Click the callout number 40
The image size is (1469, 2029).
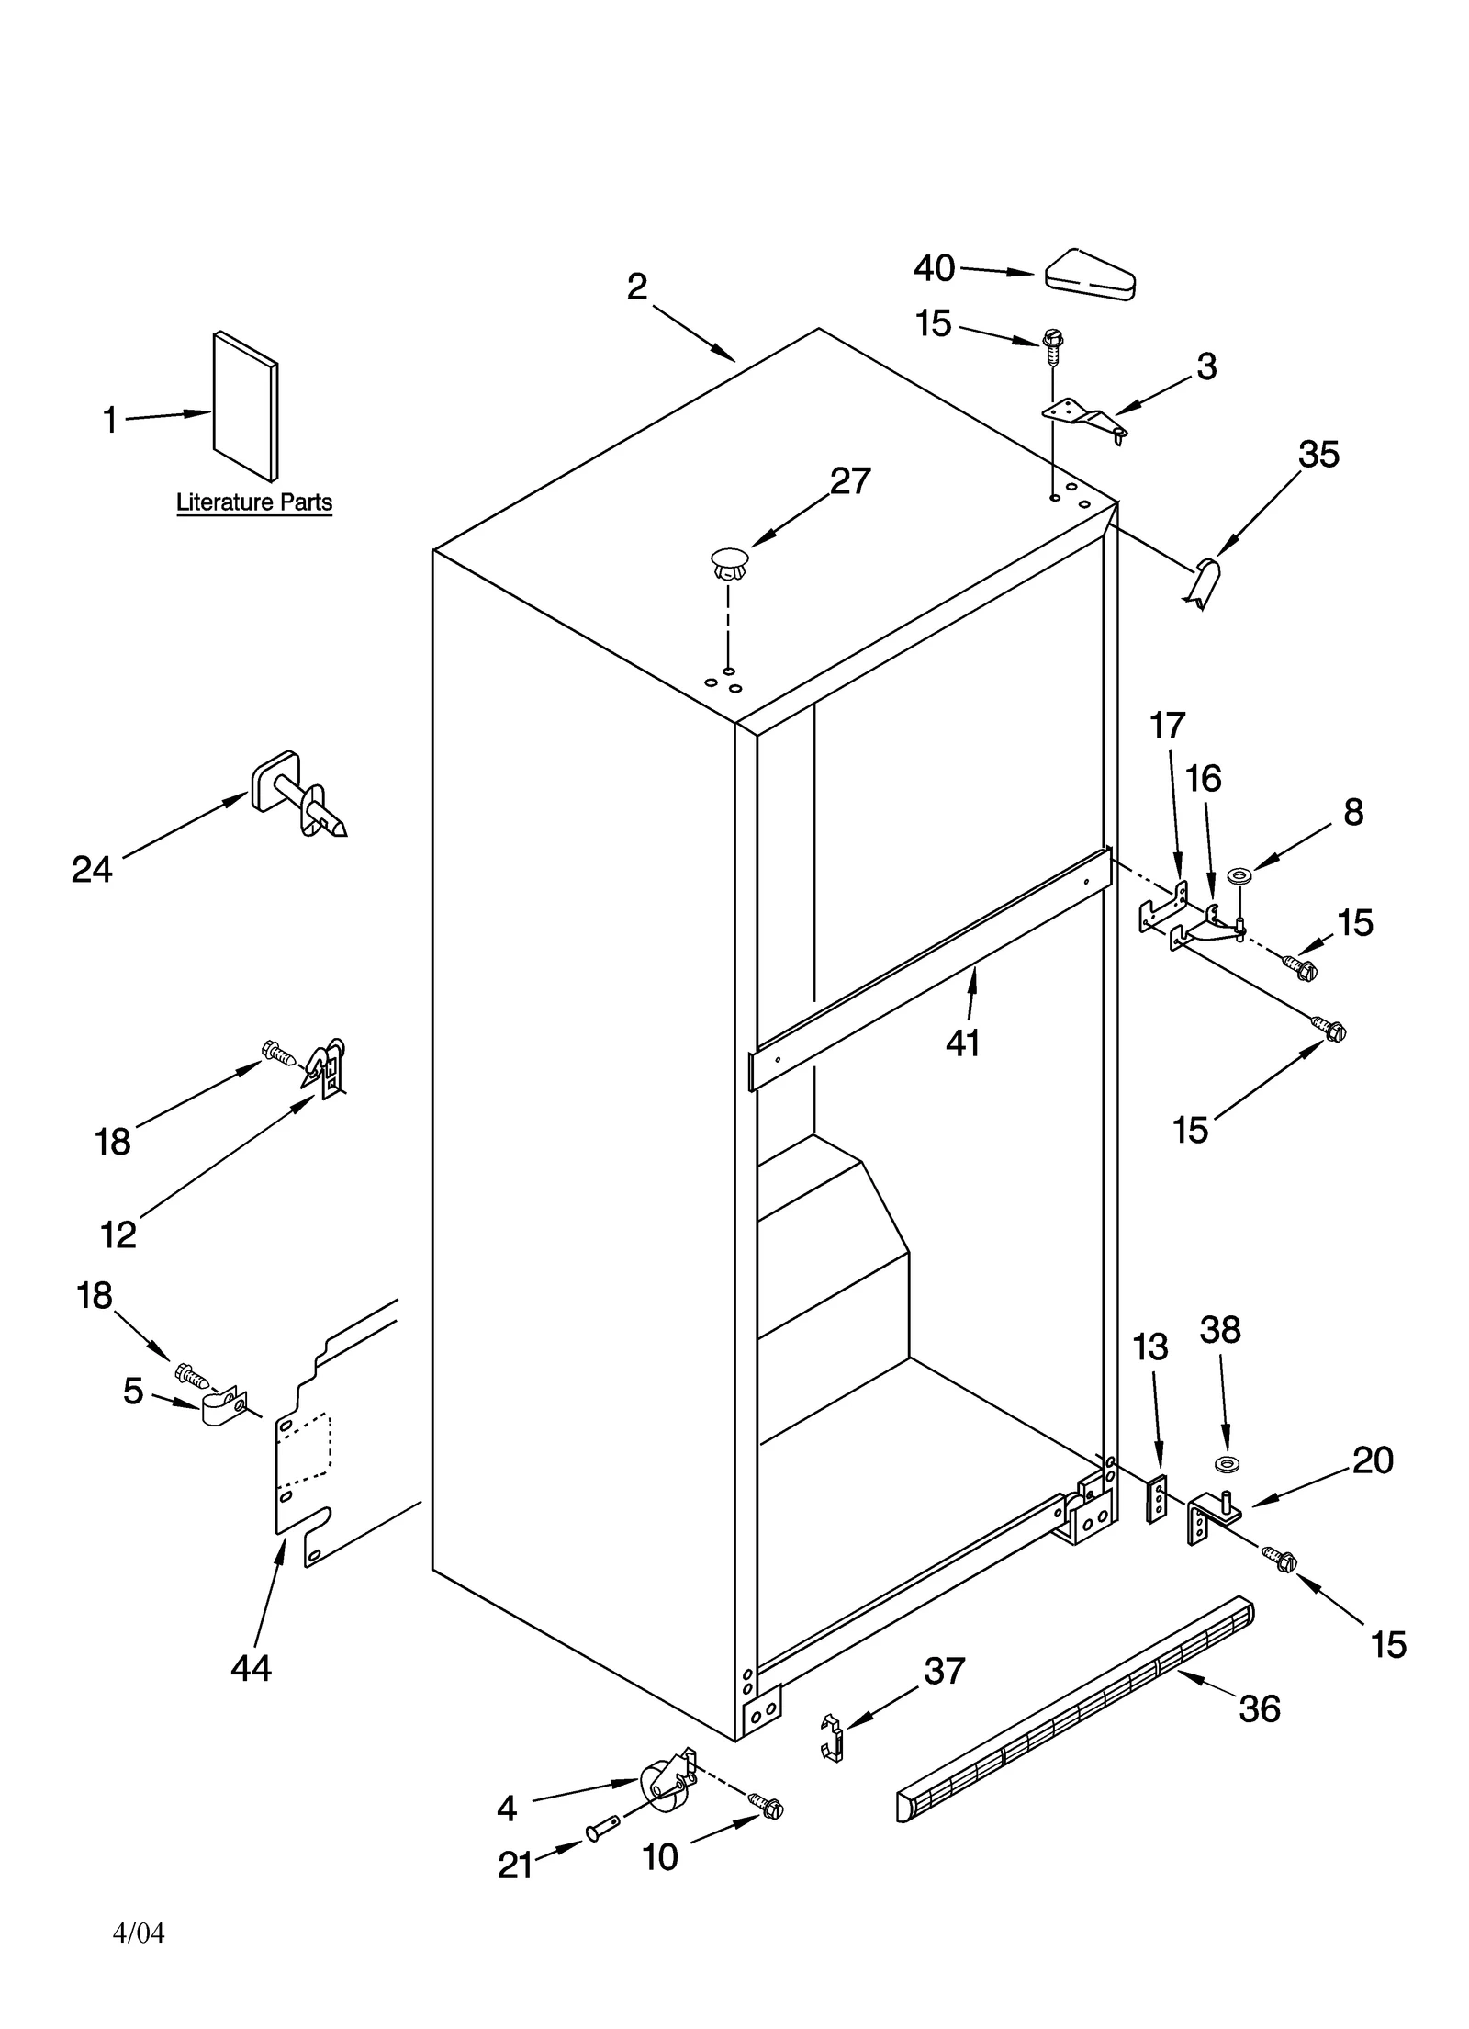point(934,268)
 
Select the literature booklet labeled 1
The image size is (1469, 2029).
point(245,406)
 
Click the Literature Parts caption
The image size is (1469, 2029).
point(254,502)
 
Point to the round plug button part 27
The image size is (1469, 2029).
point(728,562)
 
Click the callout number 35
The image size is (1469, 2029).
point(1318,454)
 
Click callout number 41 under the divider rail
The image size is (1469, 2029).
point(963,1043)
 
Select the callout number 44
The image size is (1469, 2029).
point(251,1667)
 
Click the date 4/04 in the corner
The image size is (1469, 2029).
point(139,1933)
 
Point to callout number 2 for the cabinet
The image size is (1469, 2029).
point(637,287)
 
